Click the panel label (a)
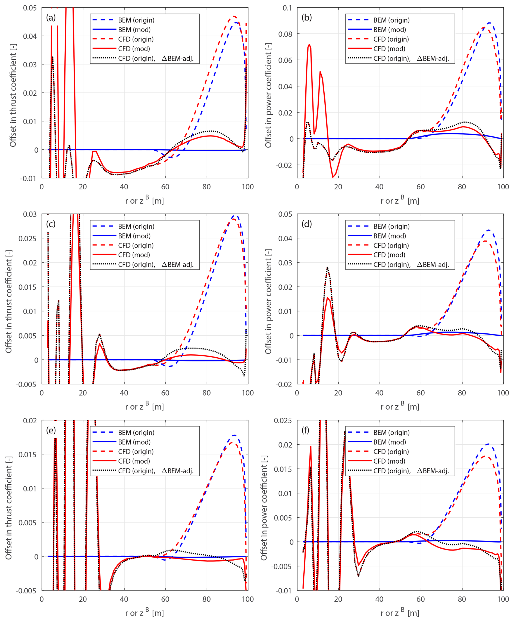51,18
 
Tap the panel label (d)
306,224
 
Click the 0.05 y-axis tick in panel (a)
30,8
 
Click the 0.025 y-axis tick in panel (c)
27,238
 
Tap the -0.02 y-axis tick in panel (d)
284,385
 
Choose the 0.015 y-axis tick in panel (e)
27,455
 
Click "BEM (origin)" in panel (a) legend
136,20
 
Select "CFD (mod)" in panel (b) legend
389,49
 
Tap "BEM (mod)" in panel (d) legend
389,236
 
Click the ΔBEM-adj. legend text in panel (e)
177,471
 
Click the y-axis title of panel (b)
268,95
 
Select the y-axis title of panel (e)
9,508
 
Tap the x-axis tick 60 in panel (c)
165,393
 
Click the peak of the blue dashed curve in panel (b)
489,23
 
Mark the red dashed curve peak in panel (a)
234,16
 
